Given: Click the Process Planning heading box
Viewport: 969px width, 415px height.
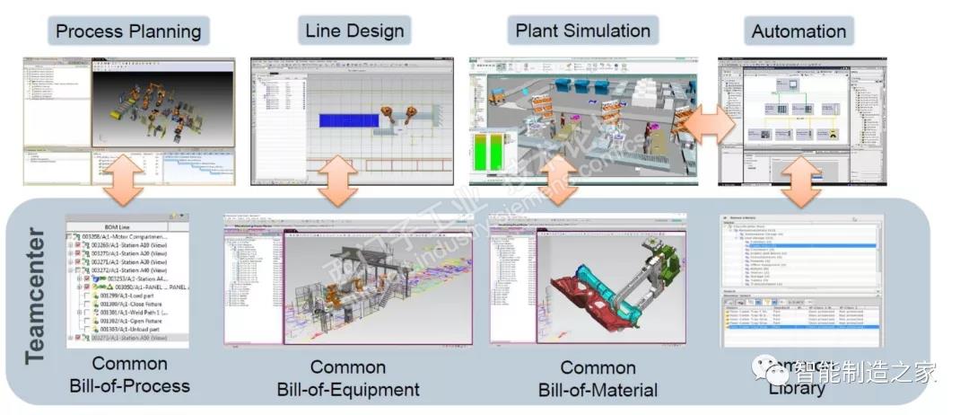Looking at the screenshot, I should tap(127, 31).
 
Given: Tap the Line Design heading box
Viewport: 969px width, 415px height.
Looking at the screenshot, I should tap(354, 31).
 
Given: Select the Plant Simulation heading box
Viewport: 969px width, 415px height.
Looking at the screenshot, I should tap(582, 31).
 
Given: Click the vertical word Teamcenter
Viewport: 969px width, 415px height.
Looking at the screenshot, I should tap(35, 296).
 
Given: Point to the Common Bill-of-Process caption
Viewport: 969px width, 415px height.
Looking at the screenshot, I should tap(130, 375).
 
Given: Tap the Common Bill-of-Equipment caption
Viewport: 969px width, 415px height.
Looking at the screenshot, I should tap(348, 378).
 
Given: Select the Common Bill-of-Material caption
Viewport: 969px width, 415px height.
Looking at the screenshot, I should tap(598, 378).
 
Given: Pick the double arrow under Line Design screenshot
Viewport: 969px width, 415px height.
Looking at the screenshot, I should tap(339, 181).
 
